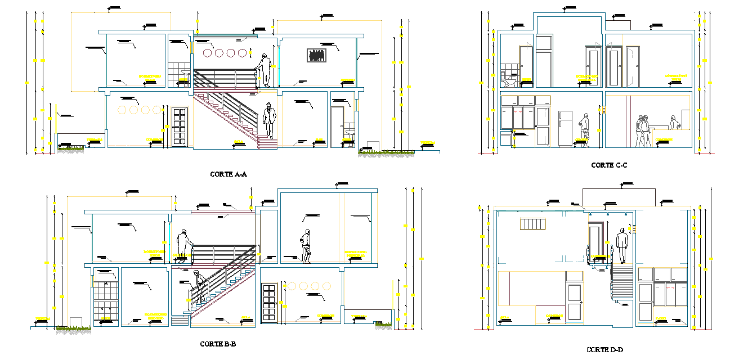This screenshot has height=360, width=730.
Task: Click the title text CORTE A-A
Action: pyautogui.click(x=229, y=174)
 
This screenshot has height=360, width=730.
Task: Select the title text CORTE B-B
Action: pyautogui.click(x=218, y=344)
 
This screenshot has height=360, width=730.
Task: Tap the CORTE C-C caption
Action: pyautogui.click(x=609, y=165)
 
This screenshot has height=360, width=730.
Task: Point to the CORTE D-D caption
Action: pyautogui.click(x=604, y=350)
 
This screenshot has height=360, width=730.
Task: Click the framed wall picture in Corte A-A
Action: pyautogui.click(x=317, y=55)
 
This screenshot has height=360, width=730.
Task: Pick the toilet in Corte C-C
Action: pyautogui.click(x=510, y=81)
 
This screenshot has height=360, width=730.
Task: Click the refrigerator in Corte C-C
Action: pyautogui.click(x=565, y=129)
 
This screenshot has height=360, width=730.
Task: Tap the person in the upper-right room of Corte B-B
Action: pyautogui.click(x=306, y=246)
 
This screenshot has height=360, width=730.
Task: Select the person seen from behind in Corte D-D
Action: pyautogui.click(x=621, y=246)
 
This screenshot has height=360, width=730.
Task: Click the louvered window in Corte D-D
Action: pyautogui.click(x=533, y=224)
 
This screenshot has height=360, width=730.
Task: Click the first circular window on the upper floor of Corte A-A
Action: pyautogui.click(x=207, y=53)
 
